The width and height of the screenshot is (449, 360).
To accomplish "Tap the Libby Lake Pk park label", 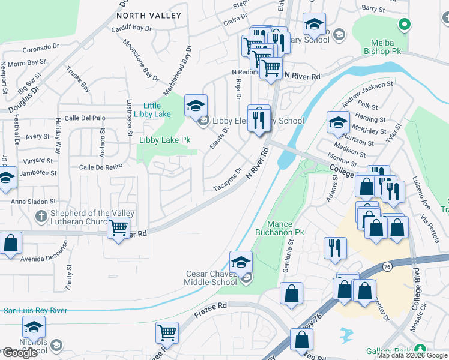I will coord(164,140).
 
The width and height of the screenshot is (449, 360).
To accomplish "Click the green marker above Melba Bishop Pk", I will coord(405,25).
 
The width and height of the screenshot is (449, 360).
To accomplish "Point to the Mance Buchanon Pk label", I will coord(287,227).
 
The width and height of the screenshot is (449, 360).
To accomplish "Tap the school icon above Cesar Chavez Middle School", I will coord(241,262).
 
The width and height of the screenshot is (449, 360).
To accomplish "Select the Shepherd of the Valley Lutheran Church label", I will coord(84,217).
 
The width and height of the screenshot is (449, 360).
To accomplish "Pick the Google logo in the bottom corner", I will coord(20,353).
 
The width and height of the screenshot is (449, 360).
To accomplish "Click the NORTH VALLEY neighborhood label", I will coord(148,15).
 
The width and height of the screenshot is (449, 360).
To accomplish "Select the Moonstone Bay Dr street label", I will coord(140,60).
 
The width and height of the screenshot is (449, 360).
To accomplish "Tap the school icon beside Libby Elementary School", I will coord(195,106).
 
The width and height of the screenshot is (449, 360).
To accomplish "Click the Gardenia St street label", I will coord(290,254).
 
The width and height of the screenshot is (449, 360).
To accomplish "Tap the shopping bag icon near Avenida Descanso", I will coord(10,243).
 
